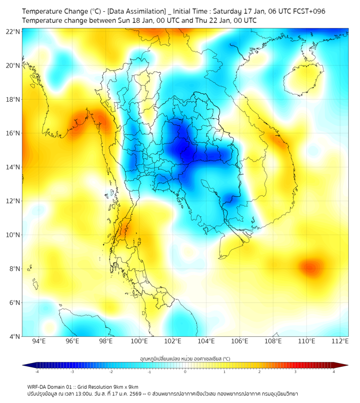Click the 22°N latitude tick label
click(x=13, y=31)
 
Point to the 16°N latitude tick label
click(x=13, y=133)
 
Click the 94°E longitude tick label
click(x=39, y=342)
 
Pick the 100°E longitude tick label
click(x=139, y=342)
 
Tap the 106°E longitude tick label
click(x=240, y=342)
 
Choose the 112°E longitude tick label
click(x=340, y=342)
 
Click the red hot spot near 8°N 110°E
click(x=309, y=267)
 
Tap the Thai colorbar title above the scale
click(x=185, y=358)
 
